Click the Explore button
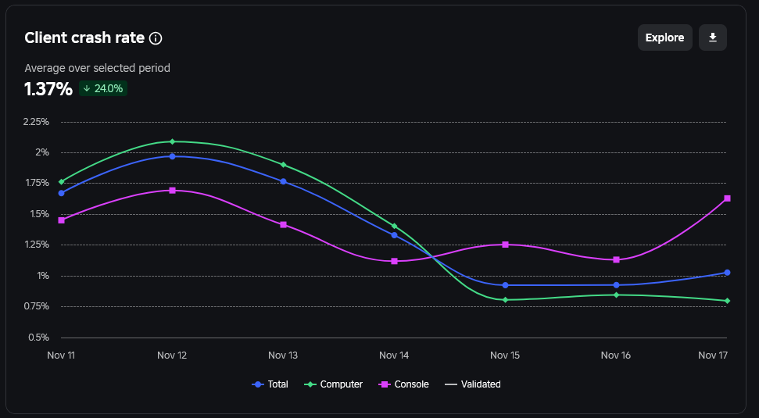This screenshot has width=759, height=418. (664, 38)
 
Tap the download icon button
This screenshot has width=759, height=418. (713, 38)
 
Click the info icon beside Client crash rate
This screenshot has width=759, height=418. (156, 38)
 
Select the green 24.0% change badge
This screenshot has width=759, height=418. (103, 88)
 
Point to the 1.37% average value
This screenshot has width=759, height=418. (48, 89)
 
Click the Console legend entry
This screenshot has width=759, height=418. (405, 384)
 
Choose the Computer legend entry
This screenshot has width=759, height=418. (334, 384)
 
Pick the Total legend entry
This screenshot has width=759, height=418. (270, 384)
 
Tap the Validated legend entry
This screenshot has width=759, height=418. (473, 384)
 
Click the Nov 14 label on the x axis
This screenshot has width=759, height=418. (394, 355)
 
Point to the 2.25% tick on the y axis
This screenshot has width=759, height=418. (36, 121)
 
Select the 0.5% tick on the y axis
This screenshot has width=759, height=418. (39, 338)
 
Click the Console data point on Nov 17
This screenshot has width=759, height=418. (727, 198)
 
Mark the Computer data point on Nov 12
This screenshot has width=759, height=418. (172, 141)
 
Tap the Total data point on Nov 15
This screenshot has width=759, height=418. (506, 285)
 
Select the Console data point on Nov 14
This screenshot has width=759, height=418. (394, 261)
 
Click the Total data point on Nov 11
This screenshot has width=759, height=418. (62, 193)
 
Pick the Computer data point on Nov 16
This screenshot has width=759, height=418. (616, 295)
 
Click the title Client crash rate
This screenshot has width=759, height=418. (84, 38)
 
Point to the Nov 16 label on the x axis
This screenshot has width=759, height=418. (616, 355)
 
